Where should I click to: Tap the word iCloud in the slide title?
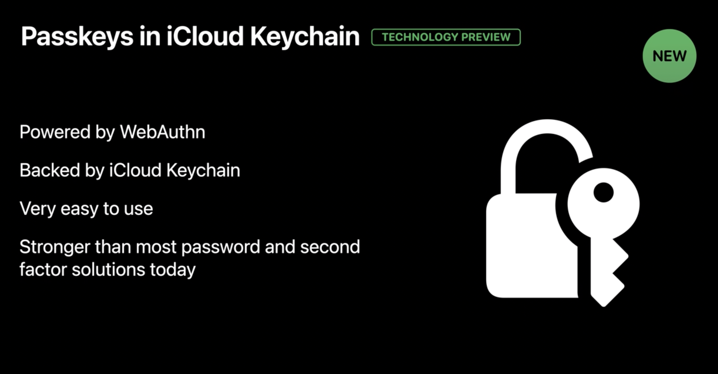tap(205, 36)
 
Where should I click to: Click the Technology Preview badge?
tap(446, 37)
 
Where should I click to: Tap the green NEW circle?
tap(669, 56)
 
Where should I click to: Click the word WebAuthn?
tap(163, 132)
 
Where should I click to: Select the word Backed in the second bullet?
tap(50, 170)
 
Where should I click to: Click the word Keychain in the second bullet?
tap(203, 171)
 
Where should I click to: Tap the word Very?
tap(37, 209)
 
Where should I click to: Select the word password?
tap(221, 247)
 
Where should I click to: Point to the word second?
tap(330, 247)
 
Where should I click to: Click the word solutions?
tap(109, 270)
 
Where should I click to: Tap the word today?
tap(173, 270)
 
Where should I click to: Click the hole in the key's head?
tap(603, 192)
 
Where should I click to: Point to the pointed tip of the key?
tap(604, 306)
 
